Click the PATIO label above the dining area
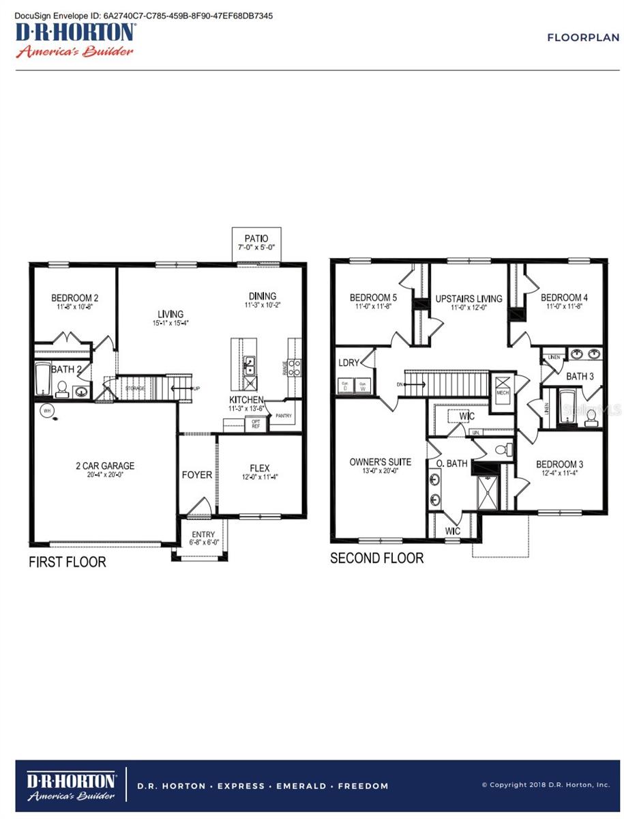point(252,238)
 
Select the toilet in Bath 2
point(62,389)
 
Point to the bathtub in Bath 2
point(43,379)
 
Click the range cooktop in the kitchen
point(295,368)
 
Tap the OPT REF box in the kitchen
point(256,423)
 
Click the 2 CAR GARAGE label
point(105,466)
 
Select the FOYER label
point(196,475)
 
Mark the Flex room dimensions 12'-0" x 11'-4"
point(259,477)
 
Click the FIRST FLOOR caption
point(67,562)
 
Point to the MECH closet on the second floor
point(503,386)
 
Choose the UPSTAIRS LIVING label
point(469,298)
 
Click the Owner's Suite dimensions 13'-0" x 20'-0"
point(380,471)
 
